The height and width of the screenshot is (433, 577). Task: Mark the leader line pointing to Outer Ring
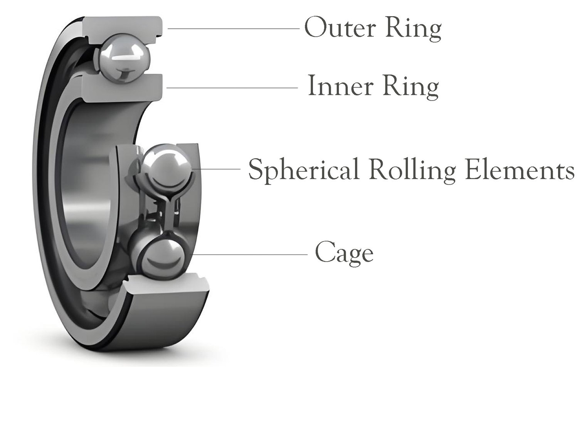[x=233, y=29]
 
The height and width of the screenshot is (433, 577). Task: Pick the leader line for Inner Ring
[x=231, y=88]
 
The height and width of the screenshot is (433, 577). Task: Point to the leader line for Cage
[x=251, y=255]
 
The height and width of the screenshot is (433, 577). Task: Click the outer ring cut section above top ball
[x=123, y=25]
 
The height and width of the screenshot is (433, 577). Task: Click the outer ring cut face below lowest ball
[x=166, y=286]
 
